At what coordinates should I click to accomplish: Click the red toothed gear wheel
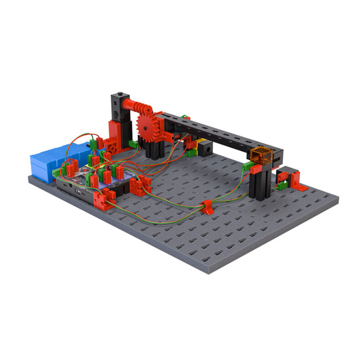pyautogui.click(x=147, y=128)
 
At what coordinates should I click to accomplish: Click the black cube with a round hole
pyautogui.click(x=206, y=149)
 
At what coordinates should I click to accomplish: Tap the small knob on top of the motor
pyautogui.click(x=120, y=93)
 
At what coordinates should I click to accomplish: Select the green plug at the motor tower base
pyautogui.click(x=133, y=144)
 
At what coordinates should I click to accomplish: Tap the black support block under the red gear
pyautogui.click(x=155, y=148)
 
